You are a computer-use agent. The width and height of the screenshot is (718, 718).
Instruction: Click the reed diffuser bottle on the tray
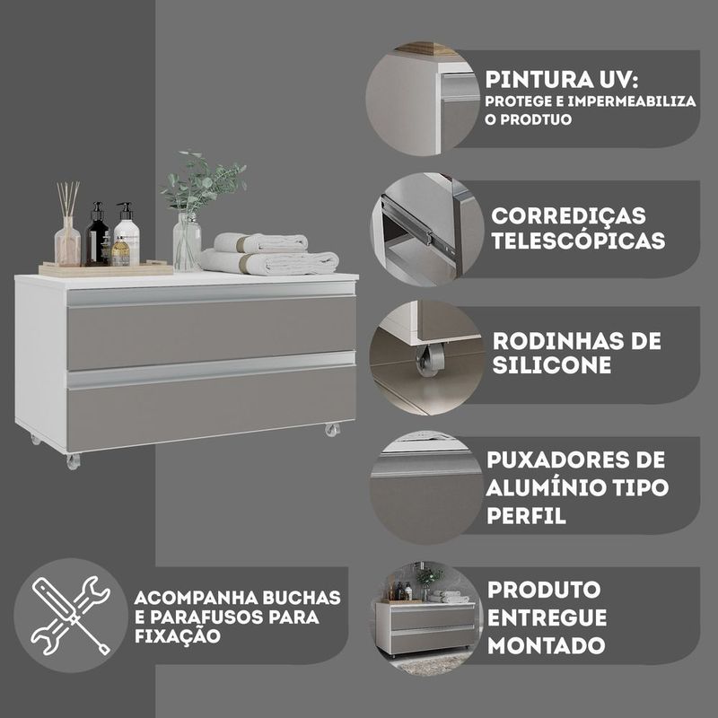click(67, 241)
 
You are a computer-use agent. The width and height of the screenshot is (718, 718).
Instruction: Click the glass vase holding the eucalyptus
click(187, 241)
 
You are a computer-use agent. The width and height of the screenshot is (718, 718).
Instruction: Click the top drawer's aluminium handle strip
click(211, 294)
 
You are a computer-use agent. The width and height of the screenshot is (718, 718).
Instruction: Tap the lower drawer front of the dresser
click(212, 407)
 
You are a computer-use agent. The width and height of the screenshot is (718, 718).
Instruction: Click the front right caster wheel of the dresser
click(332, 430)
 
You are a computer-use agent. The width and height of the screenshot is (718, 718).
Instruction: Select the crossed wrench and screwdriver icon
click(70, 615)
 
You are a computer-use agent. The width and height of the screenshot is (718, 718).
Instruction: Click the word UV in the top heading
click(611, 80)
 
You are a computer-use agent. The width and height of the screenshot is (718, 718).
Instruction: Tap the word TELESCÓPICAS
click(578, 241)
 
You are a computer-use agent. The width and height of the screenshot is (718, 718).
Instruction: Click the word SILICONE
click(552, 365)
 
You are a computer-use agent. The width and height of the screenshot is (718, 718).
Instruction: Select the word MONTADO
click(547, 645)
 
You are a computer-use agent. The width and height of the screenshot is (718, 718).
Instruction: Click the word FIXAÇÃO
click(178, 636)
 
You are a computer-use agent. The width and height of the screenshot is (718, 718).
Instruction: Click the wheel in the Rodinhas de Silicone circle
click(430, 360)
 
